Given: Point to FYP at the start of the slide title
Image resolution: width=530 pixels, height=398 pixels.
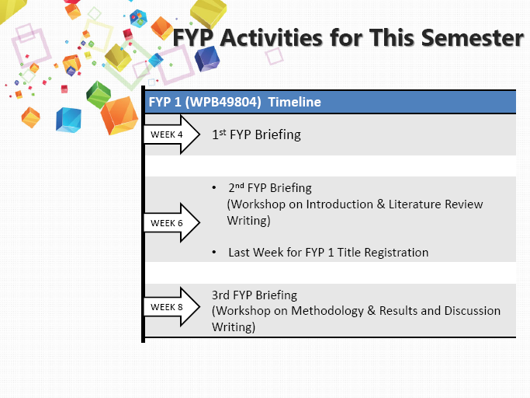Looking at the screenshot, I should [192, 37].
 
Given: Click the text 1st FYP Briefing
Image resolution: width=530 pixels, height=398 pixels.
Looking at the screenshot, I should [256, 134].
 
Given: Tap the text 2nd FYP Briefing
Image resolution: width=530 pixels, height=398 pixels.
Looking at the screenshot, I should [269, 187].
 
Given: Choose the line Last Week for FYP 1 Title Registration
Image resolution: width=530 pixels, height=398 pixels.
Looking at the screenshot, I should [327, 252].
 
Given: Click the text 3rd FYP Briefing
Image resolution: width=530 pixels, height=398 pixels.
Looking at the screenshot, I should [255, 295].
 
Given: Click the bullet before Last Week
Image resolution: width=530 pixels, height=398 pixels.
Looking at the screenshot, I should [214, 253].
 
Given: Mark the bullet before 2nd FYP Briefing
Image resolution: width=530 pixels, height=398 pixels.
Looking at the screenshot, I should [214, 188].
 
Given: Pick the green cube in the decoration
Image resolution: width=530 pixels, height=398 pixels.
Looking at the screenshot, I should [98, 95].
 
